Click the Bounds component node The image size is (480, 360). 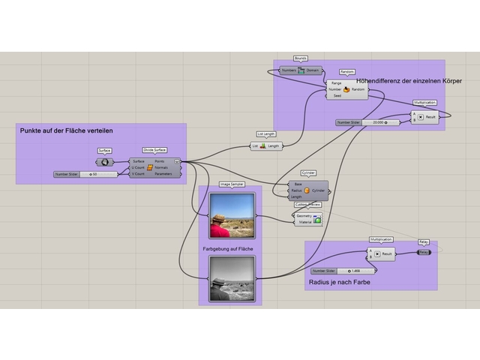[x=301, y=70]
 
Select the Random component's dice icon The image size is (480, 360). [x=346, y=89]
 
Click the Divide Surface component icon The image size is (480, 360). [x=149, y=166]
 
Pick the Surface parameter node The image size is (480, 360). [x=104, y=162]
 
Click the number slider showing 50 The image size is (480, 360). [x=86, y=174]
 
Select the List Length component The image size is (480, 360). [x=265, y=145]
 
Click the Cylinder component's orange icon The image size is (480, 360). [x=307, y=190]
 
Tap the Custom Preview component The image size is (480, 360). [x=307, y=217]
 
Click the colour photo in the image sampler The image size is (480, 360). [x=232, y=214]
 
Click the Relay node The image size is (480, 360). [x=424, y=253]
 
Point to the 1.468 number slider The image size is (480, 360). [x=341, y=270]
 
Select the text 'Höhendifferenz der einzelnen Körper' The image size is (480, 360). [x=409, y=80]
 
